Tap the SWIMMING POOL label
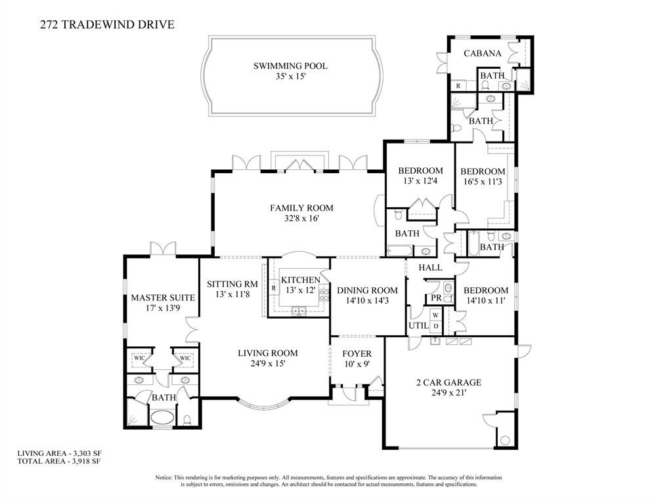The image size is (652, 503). coord(290,66)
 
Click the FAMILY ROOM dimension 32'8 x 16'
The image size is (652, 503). coord(301,218)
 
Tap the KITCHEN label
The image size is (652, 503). coord(300,280)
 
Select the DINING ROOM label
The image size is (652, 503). coord(367,290)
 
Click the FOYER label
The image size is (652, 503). coord(357,353)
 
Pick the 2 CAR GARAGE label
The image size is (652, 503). coord(448,382)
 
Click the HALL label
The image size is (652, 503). coord(430,268)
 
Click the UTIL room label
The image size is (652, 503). coord(418,325)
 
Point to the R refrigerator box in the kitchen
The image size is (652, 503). coord(273,288)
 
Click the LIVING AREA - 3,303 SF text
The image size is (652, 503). coord(59,453)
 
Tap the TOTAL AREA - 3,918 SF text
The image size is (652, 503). coord(58,461)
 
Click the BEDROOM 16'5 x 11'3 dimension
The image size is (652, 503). coord(482,182)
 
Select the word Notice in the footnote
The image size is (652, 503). coord(165,477)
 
